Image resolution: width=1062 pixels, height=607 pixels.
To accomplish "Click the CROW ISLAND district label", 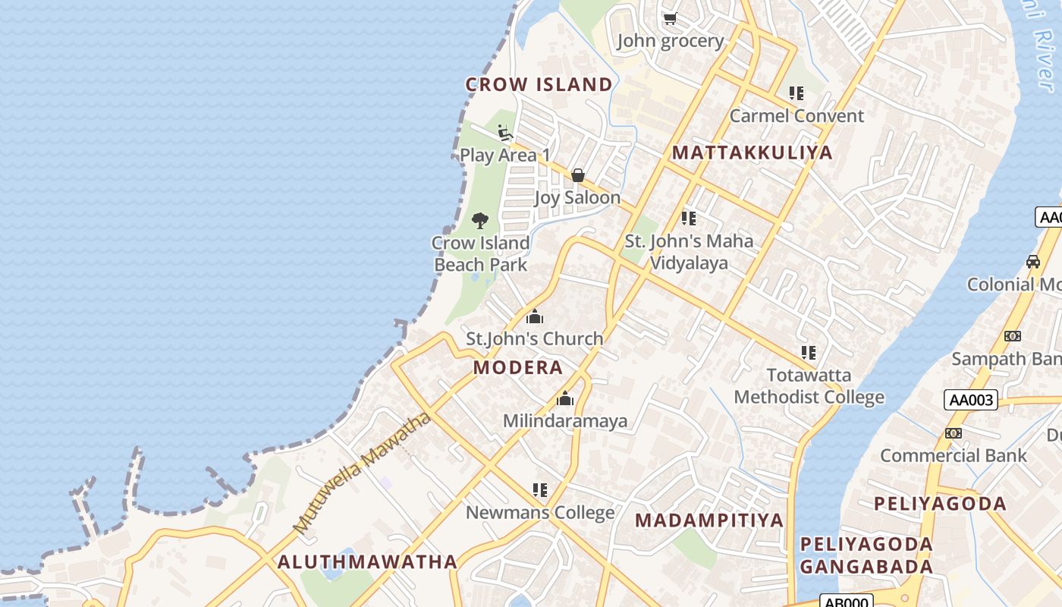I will tap(539, 84).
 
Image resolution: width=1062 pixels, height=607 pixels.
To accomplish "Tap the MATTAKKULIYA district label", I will tap(753, 153).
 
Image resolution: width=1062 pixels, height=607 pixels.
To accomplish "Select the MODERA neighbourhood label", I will tap(518, 368).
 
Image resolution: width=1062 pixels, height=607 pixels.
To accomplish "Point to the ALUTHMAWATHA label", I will tap(367, 562).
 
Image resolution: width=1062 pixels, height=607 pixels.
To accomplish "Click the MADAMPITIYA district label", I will tap(709, 521).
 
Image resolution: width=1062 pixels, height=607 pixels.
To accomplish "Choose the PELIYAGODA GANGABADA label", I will tap(866, 555).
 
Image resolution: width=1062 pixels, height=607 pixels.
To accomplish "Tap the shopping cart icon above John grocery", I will tap(670, 18).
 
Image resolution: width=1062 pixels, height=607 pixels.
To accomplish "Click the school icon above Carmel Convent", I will tap(796, 93).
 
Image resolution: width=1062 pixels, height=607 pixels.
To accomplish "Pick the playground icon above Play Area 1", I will tap(504, 133).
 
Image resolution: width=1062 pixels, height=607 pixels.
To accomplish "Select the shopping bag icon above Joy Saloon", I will tap(577, 175).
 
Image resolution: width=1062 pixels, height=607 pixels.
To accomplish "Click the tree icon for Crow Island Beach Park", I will tap(479, 221).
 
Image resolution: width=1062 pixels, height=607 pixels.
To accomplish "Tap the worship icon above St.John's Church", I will tap(535, 316).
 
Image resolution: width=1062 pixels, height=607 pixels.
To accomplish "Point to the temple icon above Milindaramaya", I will tap(565, 398).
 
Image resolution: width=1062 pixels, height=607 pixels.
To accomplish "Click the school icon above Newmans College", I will tap(539, 490).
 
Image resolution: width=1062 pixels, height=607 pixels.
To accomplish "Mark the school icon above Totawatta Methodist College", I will tap(809, 353).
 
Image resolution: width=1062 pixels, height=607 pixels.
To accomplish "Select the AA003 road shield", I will tap(970, 400).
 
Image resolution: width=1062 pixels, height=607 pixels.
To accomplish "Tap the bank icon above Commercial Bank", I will tap(954, 433).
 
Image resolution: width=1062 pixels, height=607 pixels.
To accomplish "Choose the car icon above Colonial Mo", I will tap(1032, 262).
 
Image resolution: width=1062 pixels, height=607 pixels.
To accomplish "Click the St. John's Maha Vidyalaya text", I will tap(689, 252).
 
